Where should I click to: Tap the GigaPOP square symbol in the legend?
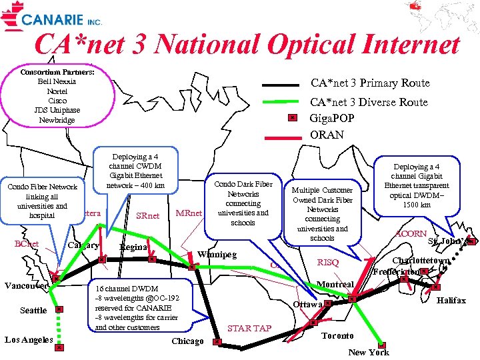292,118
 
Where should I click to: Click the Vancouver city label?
25,285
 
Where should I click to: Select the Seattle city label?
33,311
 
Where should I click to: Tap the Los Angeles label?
29,340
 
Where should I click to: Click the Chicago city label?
187,341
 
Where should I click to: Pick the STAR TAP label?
249,328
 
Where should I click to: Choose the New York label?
368,351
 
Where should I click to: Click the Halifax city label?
451,301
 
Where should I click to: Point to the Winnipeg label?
218,254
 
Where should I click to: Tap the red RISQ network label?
328,263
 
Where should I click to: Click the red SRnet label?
147,215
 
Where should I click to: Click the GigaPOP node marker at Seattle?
59,309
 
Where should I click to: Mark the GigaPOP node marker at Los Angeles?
59,347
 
